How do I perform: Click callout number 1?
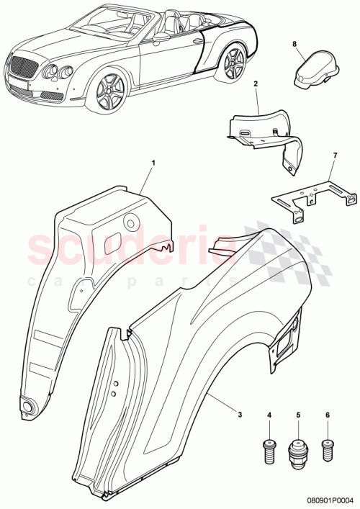click(x=153, y=165)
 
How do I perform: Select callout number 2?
click(x=255, y=84)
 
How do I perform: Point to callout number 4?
click(x=270, y=415)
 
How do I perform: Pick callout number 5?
click(x=298, y=415)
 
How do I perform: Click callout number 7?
click(x=333, y=156)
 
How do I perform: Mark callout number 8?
click(x=294, y=44)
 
